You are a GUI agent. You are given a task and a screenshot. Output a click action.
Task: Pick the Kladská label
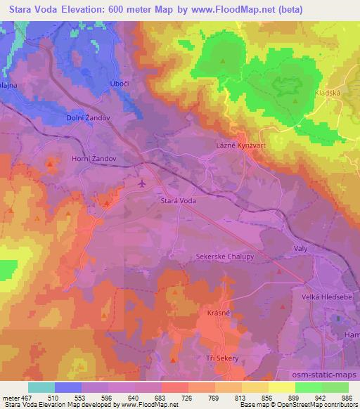(328, 92)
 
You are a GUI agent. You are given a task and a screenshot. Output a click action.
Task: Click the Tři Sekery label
(223, 358)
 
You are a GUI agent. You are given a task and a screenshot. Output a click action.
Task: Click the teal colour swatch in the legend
(41, 387)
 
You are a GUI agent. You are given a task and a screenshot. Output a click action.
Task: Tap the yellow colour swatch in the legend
(282, 387)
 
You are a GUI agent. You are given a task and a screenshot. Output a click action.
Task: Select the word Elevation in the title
(88, 9)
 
